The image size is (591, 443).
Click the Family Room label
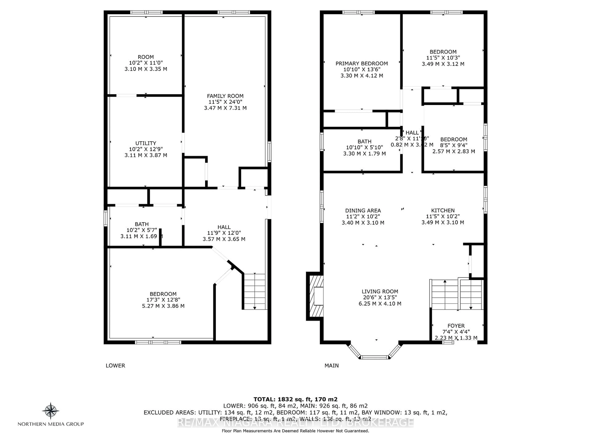point(225,96)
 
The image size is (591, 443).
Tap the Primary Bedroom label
point(362,64)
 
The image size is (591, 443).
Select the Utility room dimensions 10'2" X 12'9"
point(146,149)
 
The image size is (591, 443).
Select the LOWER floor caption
point(115,366)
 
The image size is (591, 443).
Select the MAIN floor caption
point(331,366)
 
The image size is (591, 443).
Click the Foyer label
point(456,326)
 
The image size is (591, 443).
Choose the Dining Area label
point(363,210)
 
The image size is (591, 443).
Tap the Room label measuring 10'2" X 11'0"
point(146,57)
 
